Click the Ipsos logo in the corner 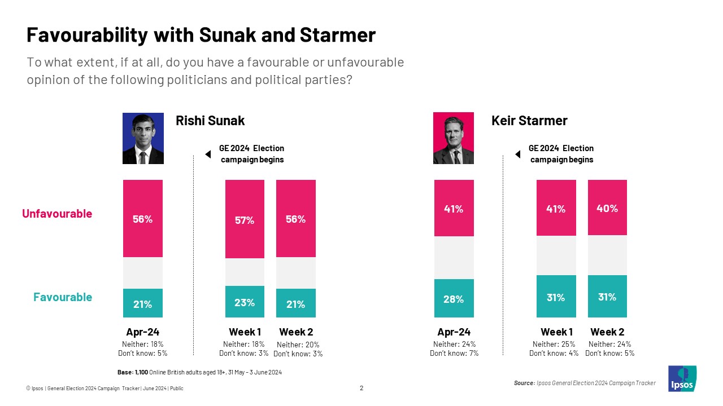pos(682,378)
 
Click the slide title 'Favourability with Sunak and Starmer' pos(201,36)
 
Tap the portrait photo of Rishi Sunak pos(143,139)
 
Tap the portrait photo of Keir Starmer pos(453,139)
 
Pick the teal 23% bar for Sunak pos(245,302)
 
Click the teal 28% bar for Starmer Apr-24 pos(454,298)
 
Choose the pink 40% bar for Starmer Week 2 pos(607,208)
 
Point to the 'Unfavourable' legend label pos(57,214)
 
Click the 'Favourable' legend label pos(63,297)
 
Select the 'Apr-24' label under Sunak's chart pos(142,332)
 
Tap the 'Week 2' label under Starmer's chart pos(607,332)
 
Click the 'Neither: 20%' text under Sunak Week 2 pos(298,345)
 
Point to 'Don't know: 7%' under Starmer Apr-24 pos(454,354)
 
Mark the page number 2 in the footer pos(361,388)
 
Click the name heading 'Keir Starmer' pos(529,121)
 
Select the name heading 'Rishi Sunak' pos(210,121)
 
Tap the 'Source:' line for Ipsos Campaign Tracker pos(585,383)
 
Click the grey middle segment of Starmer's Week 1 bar pos(556,255)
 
